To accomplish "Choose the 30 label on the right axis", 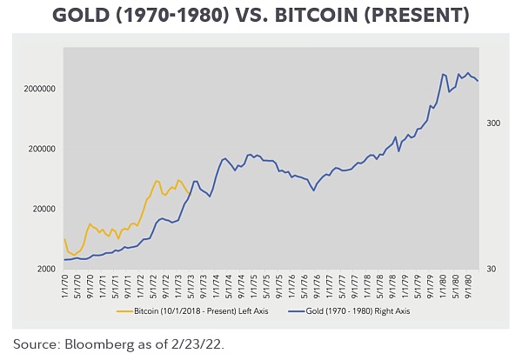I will (x=491, y=270).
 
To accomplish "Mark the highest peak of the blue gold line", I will (x=468, y=73).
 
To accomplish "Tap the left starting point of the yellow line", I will (x=64, y=239).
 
